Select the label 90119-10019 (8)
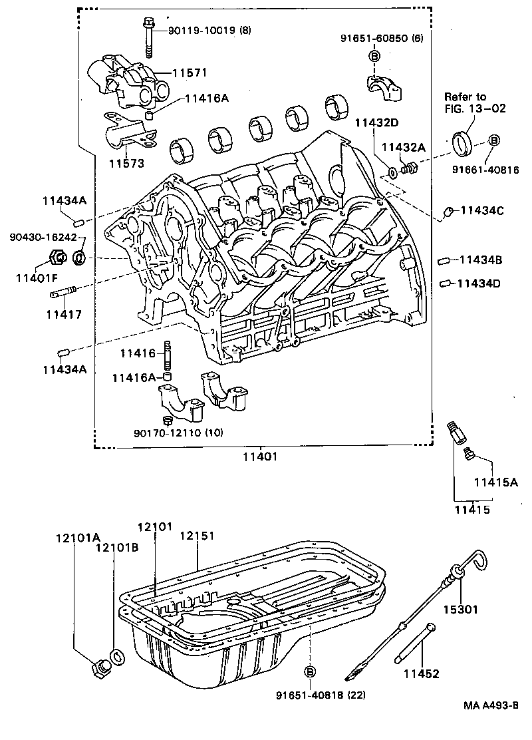point(210,30)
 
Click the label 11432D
point(376,122)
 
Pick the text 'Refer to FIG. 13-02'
point(465,102)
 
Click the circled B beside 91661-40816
point(493,140)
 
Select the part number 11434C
point(482,211)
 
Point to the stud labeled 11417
point(65,291)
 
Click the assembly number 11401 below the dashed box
point(259,457)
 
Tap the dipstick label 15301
point(461,608)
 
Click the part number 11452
point(421,674)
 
